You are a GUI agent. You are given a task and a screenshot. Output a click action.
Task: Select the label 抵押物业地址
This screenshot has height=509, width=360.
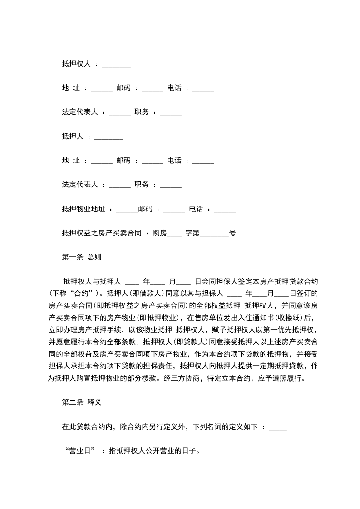[x=84, y=209]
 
